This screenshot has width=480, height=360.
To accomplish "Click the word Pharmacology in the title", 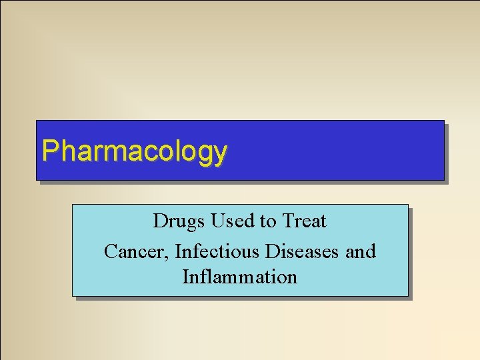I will click(x=134, y=151).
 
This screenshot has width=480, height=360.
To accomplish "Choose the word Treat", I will click(x=305, y=221).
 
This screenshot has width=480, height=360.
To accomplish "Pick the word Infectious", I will click(x=218, y=251).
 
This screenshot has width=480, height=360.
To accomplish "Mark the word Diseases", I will click(x=303, y=251).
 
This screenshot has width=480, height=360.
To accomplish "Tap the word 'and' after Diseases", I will click(x=361, y=251).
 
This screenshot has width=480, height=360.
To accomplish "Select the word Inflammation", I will click(x=240, y=276).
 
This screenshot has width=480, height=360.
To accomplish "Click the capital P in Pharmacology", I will click(x=48, y=151).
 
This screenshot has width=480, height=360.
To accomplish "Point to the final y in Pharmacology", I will click(x=221, y=154).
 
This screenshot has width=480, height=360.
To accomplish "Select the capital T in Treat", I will click(x=287, y=221).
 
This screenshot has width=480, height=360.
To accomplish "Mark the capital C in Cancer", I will click(x=111, y=251).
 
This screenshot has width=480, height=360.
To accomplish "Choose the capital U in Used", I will click(x=217, y=221).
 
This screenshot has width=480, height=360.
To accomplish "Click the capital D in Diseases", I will click(x=272, y=251).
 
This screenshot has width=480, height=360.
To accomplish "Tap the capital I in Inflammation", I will click(x=185, y=276).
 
